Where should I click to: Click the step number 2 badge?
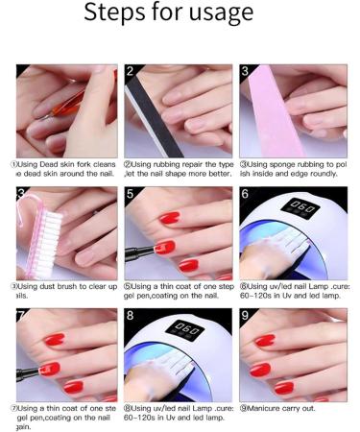pos(132,72)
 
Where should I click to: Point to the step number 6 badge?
pos(247,195)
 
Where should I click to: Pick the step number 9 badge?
pos(247,316)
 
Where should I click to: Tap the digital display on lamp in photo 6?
pos(302,207)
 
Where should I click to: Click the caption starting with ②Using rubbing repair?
pos(179,169)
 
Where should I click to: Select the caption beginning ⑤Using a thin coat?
pos(179,291)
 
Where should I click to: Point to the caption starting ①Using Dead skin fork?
pos(63,169)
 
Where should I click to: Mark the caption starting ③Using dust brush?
pos(63,291)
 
